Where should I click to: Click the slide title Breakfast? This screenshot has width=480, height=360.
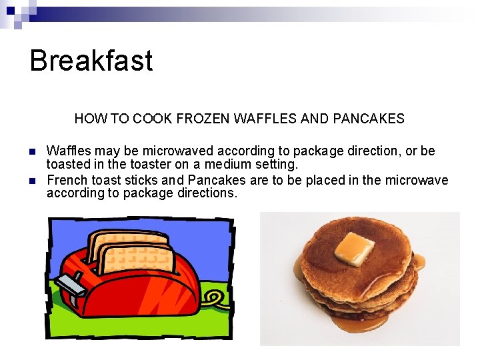coord(91,61)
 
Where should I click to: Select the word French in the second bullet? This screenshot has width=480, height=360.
coord(65,180)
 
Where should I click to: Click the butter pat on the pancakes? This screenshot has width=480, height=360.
coord(353,247)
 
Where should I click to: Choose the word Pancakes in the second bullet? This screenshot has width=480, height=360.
coord(215,180)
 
